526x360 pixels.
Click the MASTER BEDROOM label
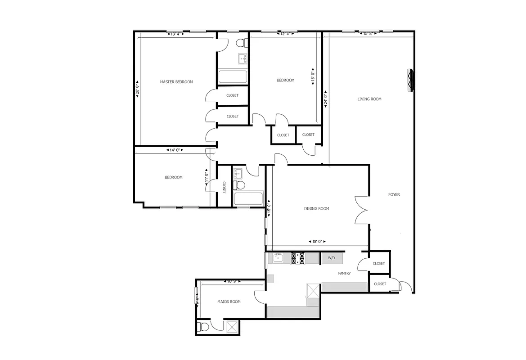[x=176, y=82]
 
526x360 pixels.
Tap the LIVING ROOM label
[x=369, y=99]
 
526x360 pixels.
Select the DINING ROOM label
[x=317, y=209]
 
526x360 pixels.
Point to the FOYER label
[x=394, y=195]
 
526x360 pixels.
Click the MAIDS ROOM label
[x=229, y=302]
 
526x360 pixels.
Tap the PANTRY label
[x=344, y=273]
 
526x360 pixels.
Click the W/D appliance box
[x=332, y=258]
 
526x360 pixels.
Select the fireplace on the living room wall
[x=411, y=81]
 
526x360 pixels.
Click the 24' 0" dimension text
[x=325, y=98]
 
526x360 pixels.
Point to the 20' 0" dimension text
[x=137, y=86]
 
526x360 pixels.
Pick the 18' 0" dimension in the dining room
[x=317, y=241]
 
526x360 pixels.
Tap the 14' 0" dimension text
[x=174, y=150]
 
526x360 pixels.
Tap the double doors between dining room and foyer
[x=363, y=210]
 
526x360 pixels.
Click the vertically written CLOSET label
[x=224, y=187]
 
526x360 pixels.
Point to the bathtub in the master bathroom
[x=233, y=77]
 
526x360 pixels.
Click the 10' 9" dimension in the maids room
[x=231, y=282]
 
